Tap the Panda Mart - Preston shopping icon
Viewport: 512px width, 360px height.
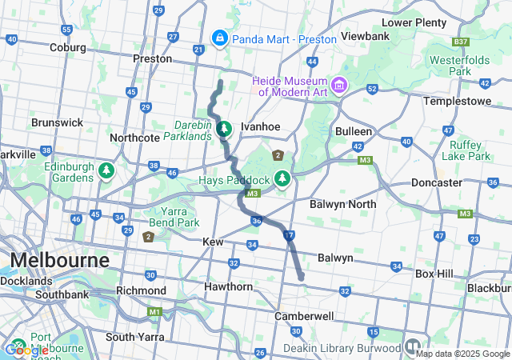219,38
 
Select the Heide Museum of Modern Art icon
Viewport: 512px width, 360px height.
338,84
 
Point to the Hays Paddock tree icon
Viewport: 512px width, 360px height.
282,178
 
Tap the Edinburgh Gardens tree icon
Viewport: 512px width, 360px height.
106,170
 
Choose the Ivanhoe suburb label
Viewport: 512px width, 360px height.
260,126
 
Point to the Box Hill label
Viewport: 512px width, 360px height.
434,274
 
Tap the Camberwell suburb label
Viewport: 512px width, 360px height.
303,316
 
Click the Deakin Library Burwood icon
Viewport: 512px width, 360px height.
412,347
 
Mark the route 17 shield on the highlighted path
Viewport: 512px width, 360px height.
290,234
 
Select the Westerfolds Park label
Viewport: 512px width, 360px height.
460,66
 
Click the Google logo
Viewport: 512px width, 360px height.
26,350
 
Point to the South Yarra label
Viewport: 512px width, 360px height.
134,337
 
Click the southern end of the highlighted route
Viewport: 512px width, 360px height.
302,278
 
